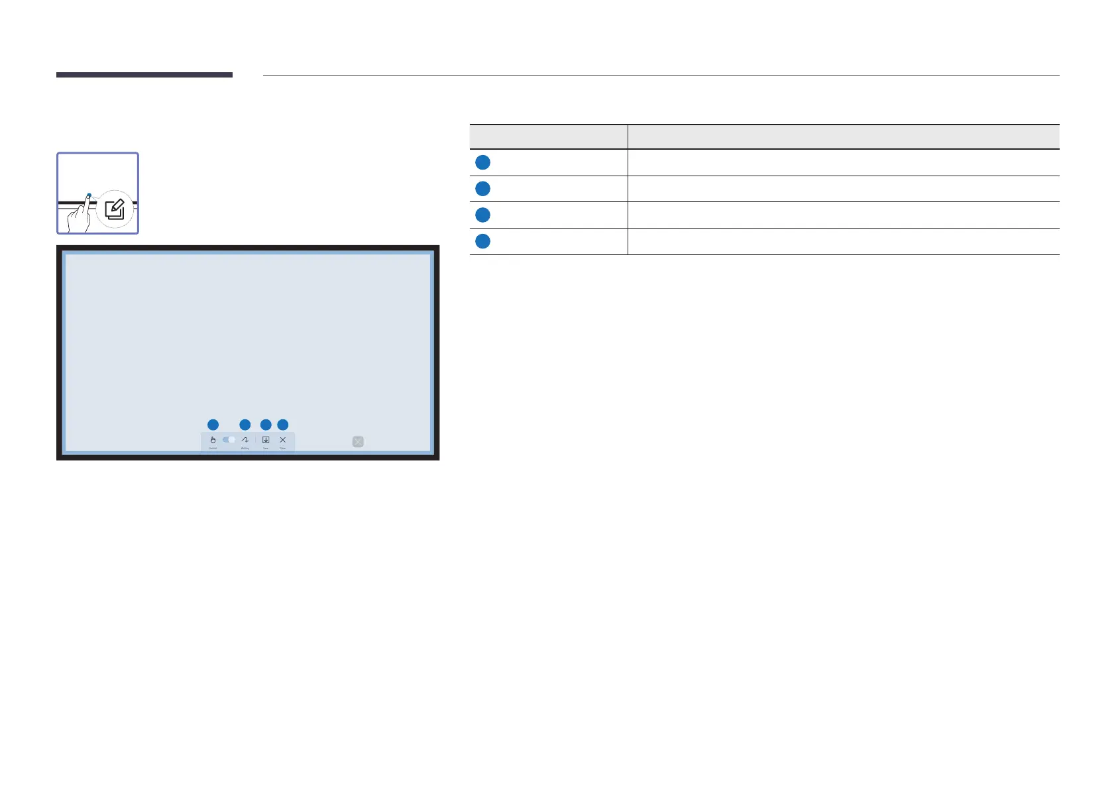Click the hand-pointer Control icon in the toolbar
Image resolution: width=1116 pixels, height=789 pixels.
[213, 440]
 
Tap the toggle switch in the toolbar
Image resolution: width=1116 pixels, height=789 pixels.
[229, 440]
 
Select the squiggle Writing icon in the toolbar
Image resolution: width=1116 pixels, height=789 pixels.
[245, 440]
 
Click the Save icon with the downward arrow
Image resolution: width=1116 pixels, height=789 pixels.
[266, 440]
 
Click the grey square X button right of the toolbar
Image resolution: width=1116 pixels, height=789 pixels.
[358, 442]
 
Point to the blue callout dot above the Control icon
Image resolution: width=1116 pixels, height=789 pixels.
[213, 425]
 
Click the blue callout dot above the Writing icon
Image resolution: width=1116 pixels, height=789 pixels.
[245, 425]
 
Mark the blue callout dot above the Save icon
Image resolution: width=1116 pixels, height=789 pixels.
[266, 425]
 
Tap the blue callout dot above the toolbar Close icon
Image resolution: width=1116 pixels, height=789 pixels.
[283, 425]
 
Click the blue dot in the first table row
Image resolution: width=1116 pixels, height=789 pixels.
[482, 162]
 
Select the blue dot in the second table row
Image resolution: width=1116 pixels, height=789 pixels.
[482, 189]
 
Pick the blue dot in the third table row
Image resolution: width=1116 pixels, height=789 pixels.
[482, 215]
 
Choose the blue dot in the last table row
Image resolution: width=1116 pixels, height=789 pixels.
[482, 241]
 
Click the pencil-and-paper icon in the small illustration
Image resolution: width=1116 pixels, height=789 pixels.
[115, 209]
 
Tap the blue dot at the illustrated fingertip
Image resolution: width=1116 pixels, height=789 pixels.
[89, 195]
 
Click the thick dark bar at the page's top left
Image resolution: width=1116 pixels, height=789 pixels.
[144, 75]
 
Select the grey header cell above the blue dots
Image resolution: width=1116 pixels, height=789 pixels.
[548, 137]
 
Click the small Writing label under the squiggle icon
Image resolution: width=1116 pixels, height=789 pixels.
[245, 448]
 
